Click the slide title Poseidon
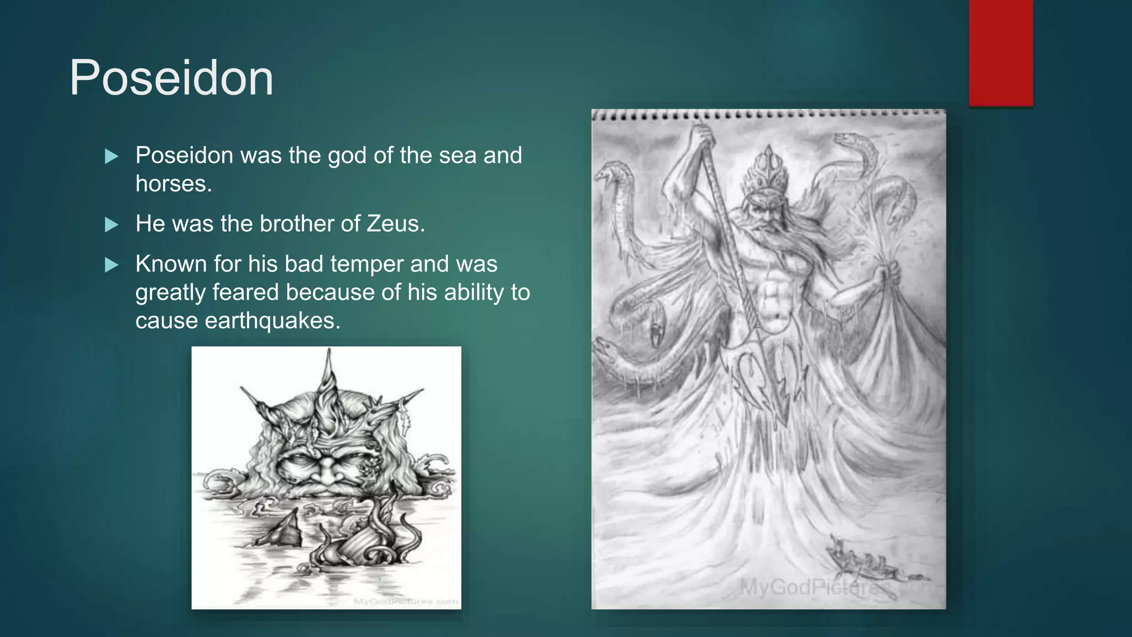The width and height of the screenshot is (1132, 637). coord(171,78)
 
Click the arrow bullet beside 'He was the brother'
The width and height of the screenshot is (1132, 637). coord(112,224)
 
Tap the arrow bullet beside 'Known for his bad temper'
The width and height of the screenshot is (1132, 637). coord(112,265)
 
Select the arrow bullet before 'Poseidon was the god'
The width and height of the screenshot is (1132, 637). coord(112,156)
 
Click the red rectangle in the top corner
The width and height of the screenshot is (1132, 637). coord(1000,53)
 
